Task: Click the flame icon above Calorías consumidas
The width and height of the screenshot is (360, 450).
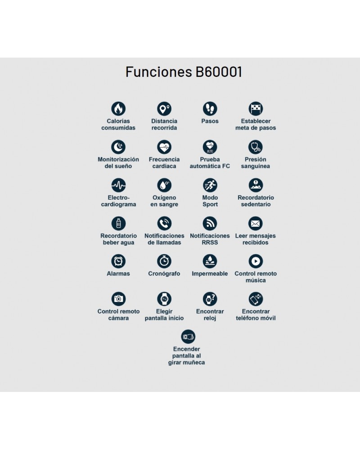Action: (x=118, y=109)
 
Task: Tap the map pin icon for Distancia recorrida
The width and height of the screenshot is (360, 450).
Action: (x=164, y=109)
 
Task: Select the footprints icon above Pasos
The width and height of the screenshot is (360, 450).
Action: (x=210, y=109)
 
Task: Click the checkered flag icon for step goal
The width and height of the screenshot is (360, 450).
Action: (x=256, y=109)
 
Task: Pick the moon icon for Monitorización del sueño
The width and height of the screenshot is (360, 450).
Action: (x=118, y=147)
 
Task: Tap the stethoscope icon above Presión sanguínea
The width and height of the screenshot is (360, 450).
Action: (x=256, y=147)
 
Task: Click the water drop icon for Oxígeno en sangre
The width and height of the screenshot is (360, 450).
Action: (x=164, y=185)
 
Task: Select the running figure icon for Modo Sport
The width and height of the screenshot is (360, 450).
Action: (x=210, y=185)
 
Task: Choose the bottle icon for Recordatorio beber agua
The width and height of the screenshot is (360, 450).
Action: (x=118, y=223)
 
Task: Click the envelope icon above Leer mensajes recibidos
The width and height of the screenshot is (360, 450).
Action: (x=256, y=223)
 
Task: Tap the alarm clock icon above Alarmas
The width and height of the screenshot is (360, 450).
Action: (x=118, y=261)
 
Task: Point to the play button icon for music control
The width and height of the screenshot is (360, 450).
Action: (x=256, y=261)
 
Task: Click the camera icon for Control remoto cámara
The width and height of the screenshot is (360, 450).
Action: (x=118, y=299)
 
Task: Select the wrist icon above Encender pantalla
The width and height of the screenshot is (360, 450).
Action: (x=188, y=337)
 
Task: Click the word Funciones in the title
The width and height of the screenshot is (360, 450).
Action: (x=159, y=72)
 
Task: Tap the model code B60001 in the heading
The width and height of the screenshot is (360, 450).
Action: (x=219, y=72)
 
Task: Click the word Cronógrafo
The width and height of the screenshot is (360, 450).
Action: (x=164, y=274)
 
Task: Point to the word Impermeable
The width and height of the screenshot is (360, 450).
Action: (x=210, y=274)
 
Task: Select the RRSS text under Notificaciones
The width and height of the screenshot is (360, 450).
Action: (x=210, y=243)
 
